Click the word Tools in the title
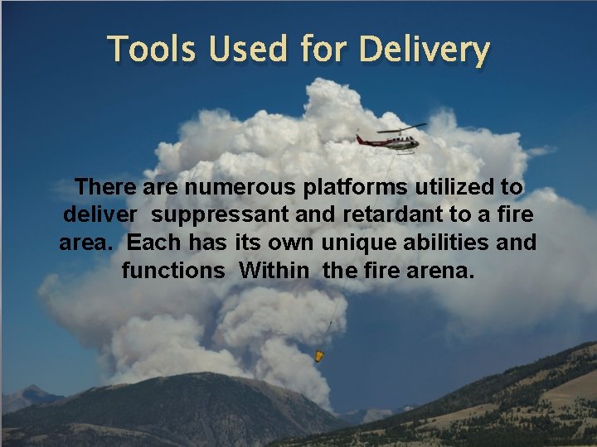pyautogui.click(x=153, y=50)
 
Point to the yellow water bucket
pyautogui.click(x=318, y=357)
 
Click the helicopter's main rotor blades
pyautogui.click(x=401, y=128)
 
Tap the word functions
pyautogui.click(x=173, y=270)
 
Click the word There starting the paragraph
pyautogui.click(x=100, y=187)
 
